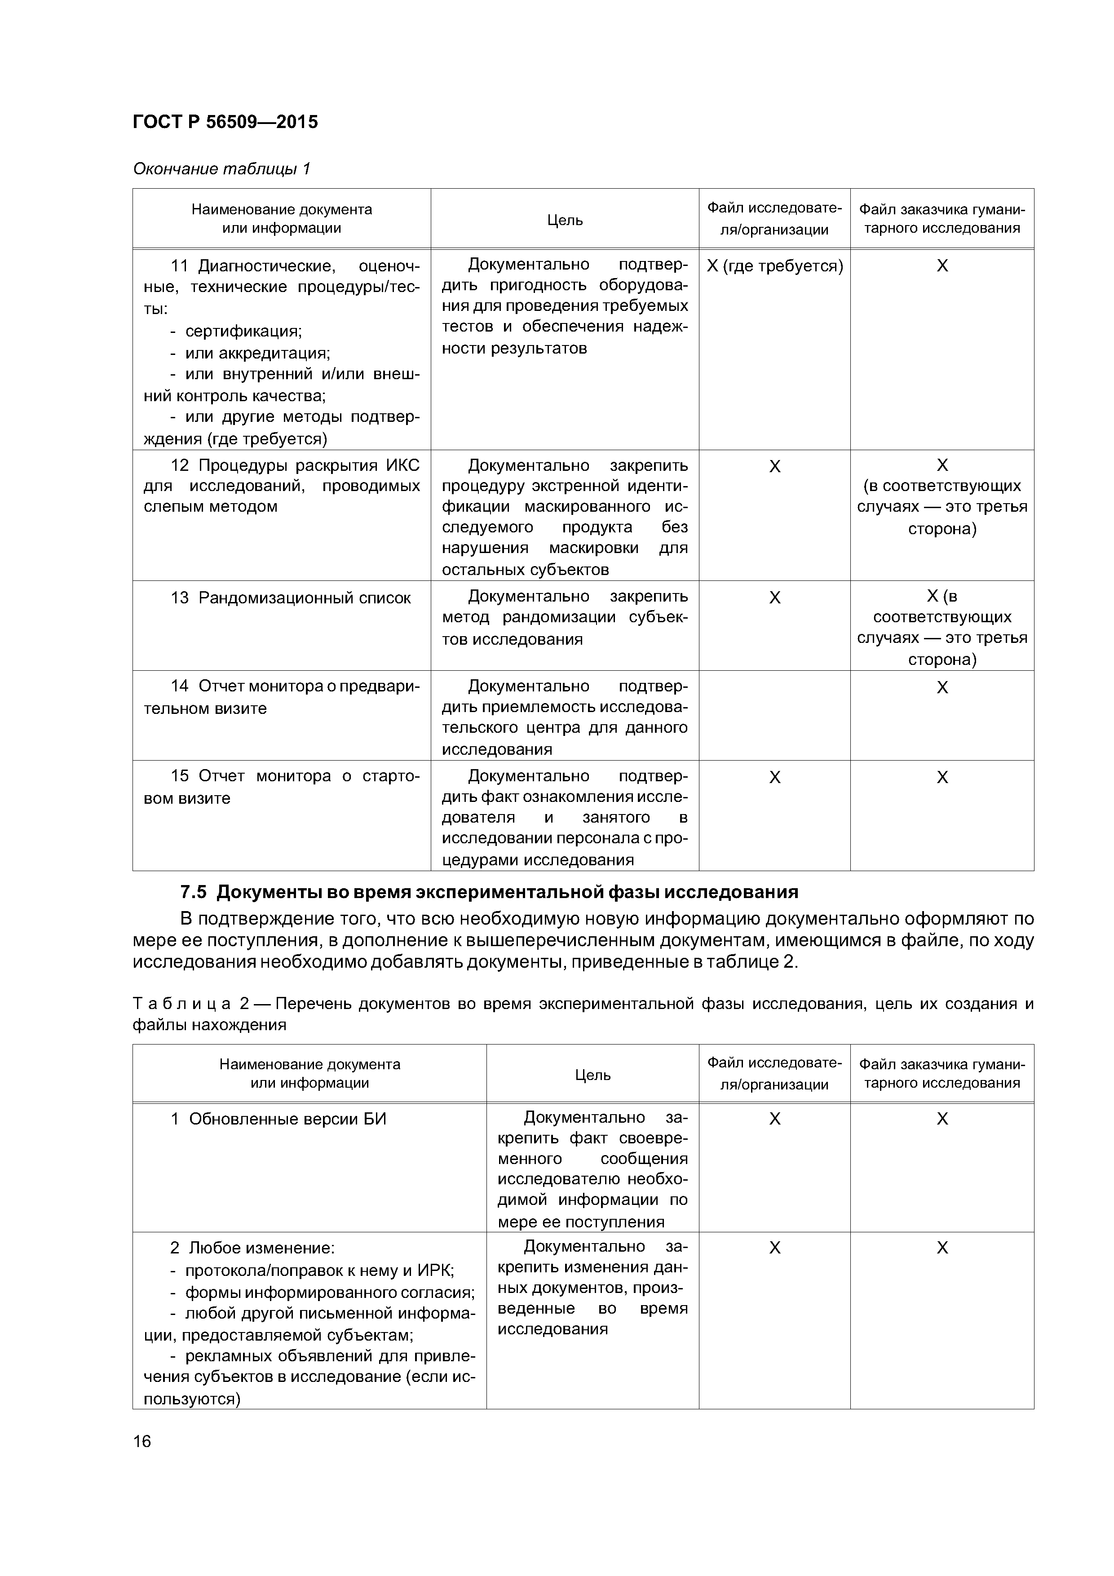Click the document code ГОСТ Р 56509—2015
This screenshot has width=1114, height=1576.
click(x=225, y=122)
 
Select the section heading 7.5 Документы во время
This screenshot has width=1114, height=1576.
click(x=489, y=892)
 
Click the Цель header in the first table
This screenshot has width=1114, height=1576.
click(x=565, y=220)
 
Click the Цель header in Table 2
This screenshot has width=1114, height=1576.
click(x=592, y=1075)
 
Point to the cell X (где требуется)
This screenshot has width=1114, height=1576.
click(x=774, y=266)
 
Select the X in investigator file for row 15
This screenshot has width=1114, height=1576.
click(x=774, y=777)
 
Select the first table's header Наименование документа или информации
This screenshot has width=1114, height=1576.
click(x=281, y=218)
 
